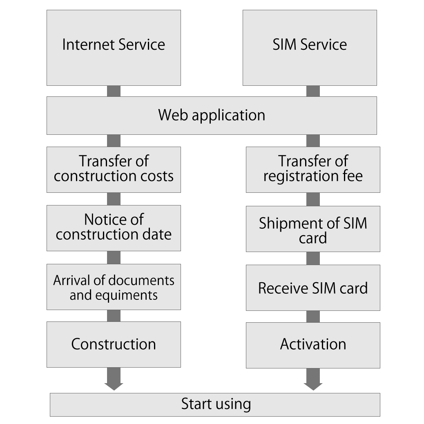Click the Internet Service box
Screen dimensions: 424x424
coord(114,48)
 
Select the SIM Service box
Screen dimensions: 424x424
coord(310,48)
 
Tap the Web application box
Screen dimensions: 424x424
coord(212,115)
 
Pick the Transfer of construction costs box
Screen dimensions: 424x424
coord(114,170)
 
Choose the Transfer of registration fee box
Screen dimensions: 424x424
coord(313,170)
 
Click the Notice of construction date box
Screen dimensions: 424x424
coord(114,228)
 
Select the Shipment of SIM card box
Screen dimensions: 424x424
coord(313,229)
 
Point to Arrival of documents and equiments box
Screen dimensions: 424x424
coord(114,287)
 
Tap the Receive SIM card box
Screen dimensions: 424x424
coord(313,288)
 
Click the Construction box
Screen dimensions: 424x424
coord(114,344)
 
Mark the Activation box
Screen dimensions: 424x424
coord(313,345)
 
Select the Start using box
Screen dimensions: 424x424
coord(215,404)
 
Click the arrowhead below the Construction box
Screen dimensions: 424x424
coord(114,385)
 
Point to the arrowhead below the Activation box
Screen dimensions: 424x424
coord(313,385)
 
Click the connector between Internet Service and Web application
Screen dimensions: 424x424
coord(114,91)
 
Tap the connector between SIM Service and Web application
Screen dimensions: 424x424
coord(313,91)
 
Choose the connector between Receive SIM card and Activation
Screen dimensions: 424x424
coord(313,316)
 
